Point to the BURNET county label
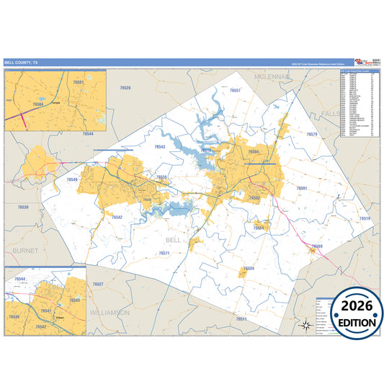(x=24, y=250)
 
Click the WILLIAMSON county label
(x=110, y=312)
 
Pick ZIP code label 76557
(x=235, y=91)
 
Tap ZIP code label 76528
(x=125, y=87)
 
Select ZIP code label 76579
(x=312, y=135)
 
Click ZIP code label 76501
(x=302, y=188)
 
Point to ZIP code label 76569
(x=318, y=247)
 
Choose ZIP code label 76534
(x=249, y=268)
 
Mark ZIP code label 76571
(x=164, y=253)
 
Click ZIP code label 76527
(x=98, y=284)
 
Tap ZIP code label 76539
(x=23, y=207)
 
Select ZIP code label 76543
(x=160, y=146)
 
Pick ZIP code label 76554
(x=259, y=228)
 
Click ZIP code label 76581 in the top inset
(x=78, y=83)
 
